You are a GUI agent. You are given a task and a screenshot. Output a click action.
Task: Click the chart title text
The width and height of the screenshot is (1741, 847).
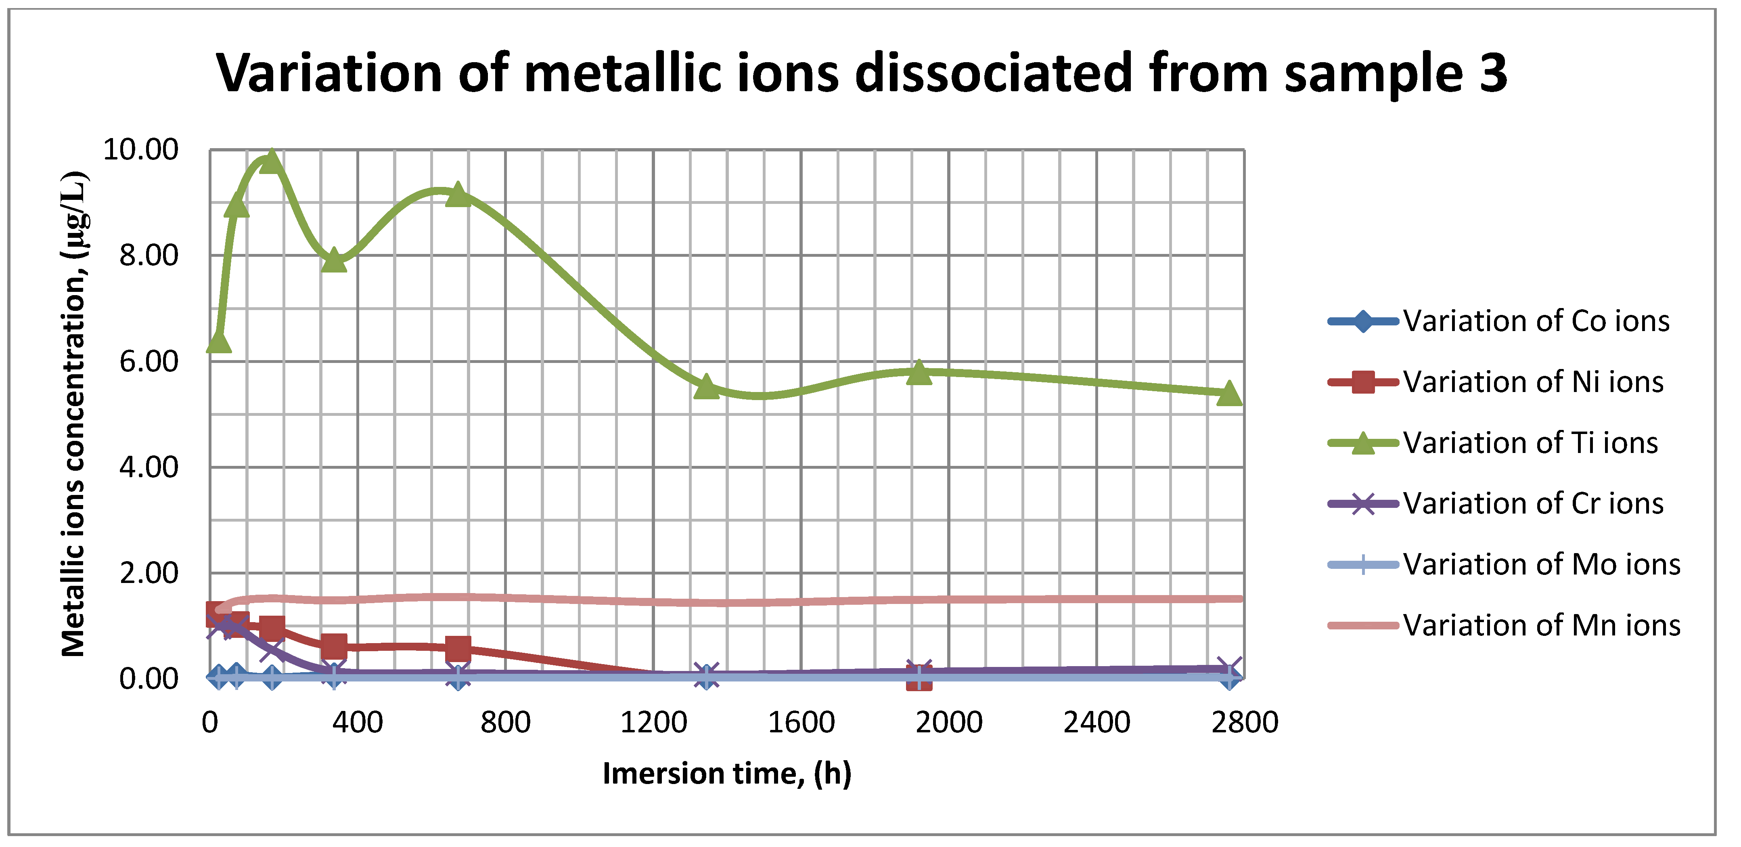point(861,73)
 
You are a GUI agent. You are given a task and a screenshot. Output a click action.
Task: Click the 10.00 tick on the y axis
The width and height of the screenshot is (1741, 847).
point(140,149)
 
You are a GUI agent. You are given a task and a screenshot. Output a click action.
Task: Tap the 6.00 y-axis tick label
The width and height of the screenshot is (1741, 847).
point(148,362)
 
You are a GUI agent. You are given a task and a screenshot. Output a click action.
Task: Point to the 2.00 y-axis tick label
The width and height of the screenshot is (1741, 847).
point(148,573)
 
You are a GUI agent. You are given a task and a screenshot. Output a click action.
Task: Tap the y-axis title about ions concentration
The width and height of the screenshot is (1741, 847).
point(73,414)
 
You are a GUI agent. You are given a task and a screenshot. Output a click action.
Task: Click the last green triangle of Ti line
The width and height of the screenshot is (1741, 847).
point(1229,393)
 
